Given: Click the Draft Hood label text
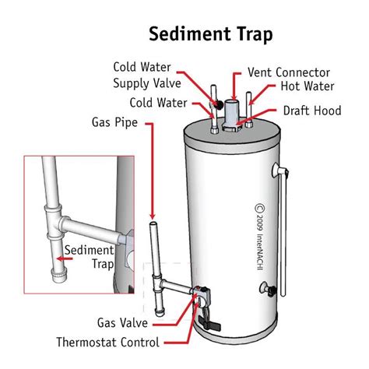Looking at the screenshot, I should [x=310, y=110].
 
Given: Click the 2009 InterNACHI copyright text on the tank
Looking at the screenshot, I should [x=262, y=223].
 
